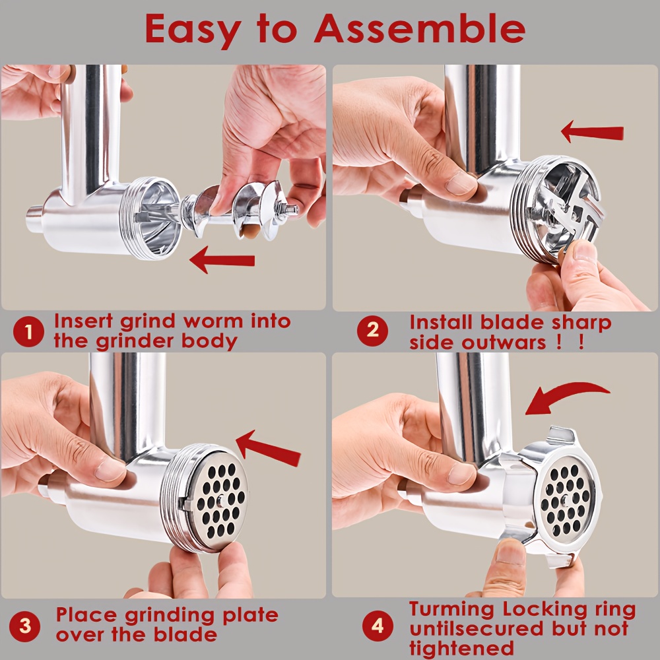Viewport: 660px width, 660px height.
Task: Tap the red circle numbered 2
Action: (x=372, y=331)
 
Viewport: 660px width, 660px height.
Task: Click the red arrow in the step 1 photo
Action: (x=222, y=261)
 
